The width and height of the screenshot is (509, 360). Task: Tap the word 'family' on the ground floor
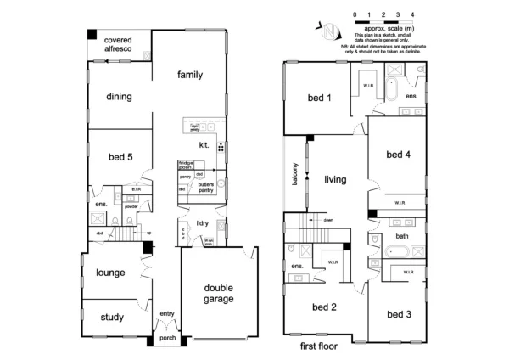tap(190, 75)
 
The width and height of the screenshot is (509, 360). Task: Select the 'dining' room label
tap(119, 96)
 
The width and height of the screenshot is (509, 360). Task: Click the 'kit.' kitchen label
tap(204, 145)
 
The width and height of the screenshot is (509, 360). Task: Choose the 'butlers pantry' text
tap(205, 187)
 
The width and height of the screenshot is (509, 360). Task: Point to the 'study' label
tap(111, 318)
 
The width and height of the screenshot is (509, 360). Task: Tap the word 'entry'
tap(166, 314)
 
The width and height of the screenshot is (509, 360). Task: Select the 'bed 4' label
tap(399, 154)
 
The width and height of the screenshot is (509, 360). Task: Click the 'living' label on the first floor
tap(336, 179)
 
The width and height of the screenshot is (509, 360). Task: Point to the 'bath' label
tap(402, 236)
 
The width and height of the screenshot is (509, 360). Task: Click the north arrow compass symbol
tap(328, 30)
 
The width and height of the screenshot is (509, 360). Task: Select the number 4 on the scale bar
tap(411, 15)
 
